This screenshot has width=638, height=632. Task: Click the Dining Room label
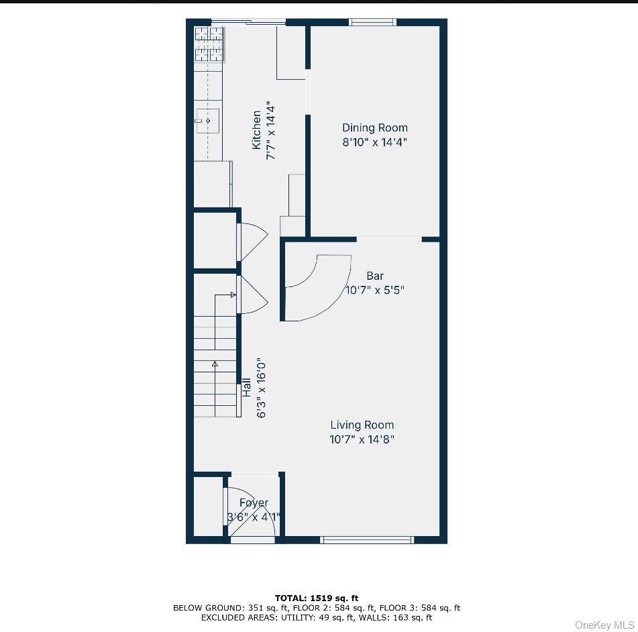[x=374, y=127]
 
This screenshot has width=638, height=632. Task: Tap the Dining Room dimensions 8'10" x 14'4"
[x=374, y=142]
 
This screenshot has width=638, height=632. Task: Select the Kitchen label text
[x=256, y=130]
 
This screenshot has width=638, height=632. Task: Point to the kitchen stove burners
[x=209, y=44]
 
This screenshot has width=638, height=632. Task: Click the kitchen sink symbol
[x=207, y=121]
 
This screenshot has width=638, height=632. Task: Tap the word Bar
[x=375, y=276]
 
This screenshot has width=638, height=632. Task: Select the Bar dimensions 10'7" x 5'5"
[x=375, y=291]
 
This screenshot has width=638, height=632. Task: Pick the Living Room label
[x=362, y=425]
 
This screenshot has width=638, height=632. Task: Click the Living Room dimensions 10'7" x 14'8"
[x=362, y=439]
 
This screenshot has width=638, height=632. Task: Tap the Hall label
[x=247, y=387]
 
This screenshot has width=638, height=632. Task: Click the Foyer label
[x=254, y=503]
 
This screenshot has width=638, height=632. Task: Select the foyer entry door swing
[x=252, y=517]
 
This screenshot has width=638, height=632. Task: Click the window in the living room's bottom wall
[x=367, y=539]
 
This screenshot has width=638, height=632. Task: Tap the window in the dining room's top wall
[x=372, y=22]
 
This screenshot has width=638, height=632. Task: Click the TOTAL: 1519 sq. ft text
[x=316, y=598]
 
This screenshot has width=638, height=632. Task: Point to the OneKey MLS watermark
[x=604, y=625]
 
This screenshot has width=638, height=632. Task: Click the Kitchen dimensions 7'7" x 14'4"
[x=271, y=130]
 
